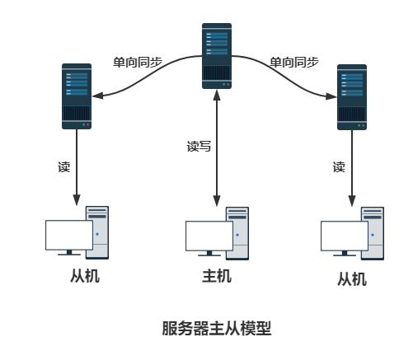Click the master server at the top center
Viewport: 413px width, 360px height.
coord(216,56)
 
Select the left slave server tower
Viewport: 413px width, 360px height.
coord(77,96)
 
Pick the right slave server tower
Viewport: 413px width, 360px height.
coord(352,96)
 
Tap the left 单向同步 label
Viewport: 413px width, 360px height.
coord(137,62)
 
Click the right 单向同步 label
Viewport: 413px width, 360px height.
coord(293,62)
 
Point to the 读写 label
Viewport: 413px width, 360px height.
coord(199,147)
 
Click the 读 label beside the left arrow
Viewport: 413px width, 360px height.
coord(63,166)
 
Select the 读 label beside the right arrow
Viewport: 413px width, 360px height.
coord(338,166)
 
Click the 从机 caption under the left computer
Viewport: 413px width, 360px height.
coord(85,276)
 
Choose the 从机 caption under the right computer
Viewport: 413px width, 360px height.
coord(352,279)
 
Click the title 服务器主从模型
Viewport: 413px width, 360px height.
coord(216,328)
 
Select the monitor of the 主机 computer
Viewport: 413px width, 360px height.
coord(209,236)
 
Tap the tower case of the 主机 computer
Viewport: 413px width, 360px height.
coord(237,231)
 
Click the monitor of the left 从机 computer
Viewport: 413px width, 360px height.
coord(69,236)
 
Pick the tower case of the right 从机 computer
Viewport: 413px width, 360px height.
coord(373,231)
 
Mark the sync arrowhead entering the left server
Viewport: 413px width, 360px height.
coord(97,96)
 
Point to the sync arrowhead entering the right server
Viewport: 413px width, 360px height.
coord(332,96)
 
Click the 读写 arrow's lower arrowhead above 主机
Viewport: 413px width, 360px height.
coord(216,200)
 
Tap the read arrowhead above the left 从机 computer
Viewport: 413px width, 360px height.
coord(77,200)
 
